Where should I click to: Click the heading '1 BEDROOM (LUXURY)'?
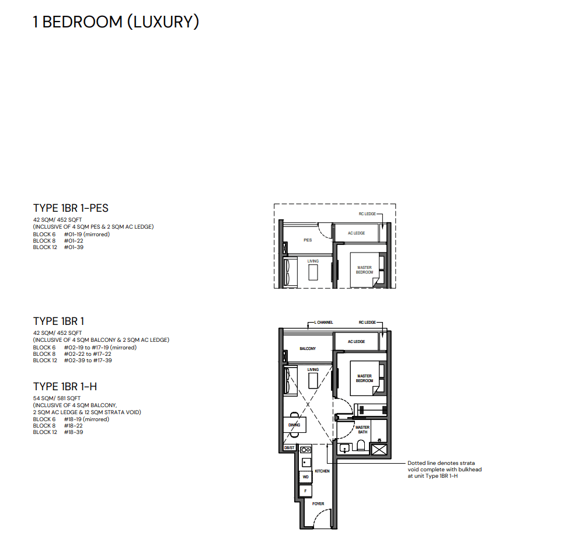tap(116, 22)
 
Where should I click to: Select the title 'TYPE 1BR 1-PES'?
tap(71, 208)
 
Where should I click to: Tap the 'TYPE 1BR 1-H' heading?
tap(65, 387)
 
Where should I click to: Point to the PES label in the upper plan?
tap(308, 240)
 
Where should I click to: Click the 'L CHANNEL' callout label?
tap(323, 323)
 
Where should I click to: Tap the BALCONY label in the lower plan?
tap(308, 349)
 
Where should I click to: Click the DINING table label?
tap(294, 425)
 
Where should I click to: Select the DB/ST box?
tap(289, 448)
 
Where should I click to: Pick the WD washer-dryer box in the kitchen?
tap(305, 477)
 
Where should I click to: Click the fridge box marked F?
tap(305, 491)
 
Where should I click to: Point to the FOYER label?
tap(318, 504)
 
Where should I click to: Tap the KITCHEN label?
tap(322, 471)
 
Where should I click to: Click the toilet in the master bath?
tap(361, 445)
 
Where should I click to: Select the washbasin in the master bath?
tap(344, 449)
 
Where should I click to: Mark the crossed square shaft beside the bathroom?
tap(379, 450)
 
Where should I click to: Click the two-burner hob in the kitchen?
tap(305, 450)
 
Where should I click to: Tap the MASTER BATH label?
tap(363, 429)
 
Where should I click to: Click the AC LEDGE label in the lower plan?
tap(356, 342)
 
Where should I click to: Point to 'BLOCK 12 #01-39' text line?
tap(58, 247)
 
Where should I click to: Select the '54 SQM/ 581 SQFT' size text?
tap(57, 398)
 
